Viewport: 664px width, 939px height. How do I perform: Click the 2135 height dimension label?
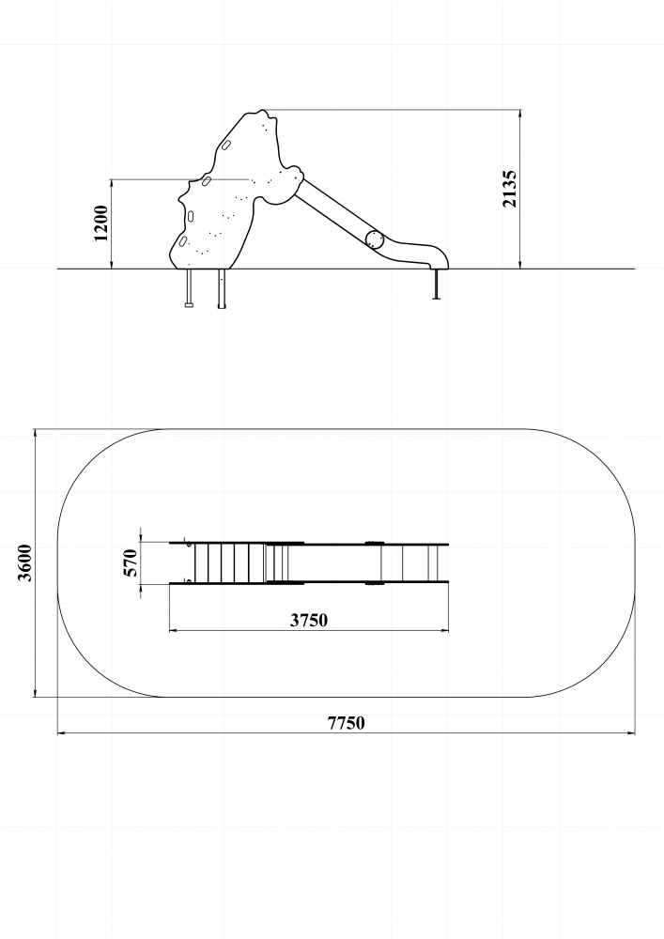[x=510, y=189]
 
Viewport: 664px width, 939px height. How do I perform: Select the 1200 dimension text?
[x=101, y=223]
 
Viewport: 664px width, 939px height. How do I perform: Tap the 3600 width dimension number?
[x=25, y=562]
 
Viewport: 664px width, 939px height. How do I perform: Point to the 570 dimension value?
[x=131, y=562]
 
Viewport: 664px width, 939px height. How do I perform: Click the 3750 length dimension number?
[x=309, y=620]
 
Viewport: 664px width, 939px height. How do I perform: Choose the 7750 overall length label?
[x=346, y=723]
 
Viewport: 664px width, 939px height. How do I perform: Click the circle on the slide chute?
[x=374, y=239]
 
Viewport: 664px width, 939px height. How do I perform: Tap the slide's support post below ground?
[x=437, y=285]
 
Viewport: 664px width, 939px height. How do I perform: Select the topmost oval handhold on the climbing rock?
[x=227, y=146]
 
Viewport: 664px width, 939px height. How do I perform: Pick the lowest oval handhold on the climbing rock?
[x=183, y=241]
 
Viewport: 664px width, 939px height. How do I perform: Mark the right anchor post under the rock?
[x=223, y=289]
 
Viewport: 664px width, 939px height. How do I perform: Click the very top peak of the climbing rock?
[x=262, y=111]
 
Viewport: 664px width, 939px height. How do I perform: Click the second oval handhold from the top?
[x=206, y=180]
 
